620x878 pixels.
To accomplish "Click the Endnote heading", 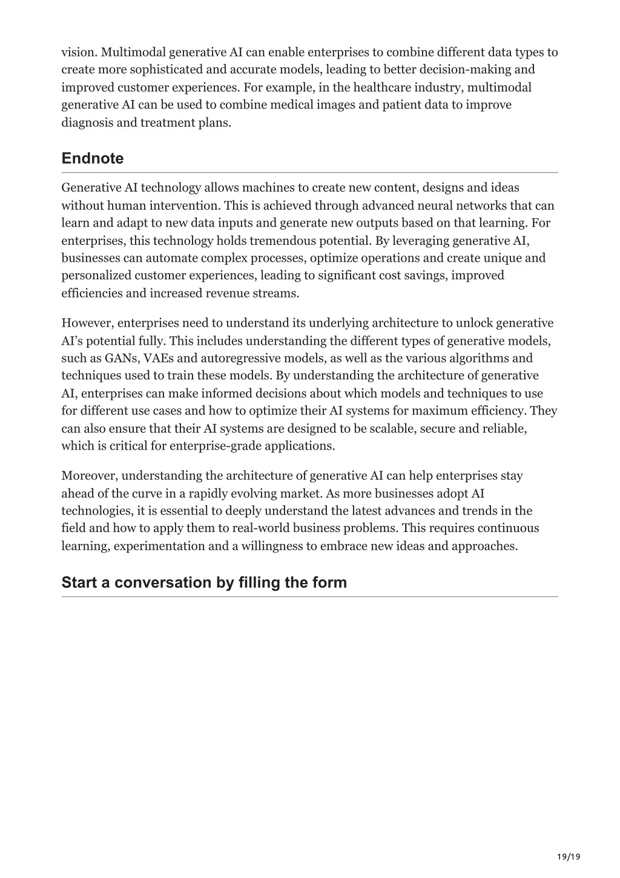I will pos(92,159).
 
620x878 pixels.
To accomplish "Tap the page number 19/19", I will pos(569,856).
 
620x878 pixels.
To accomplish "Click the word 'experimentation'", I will pos(159,546).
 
